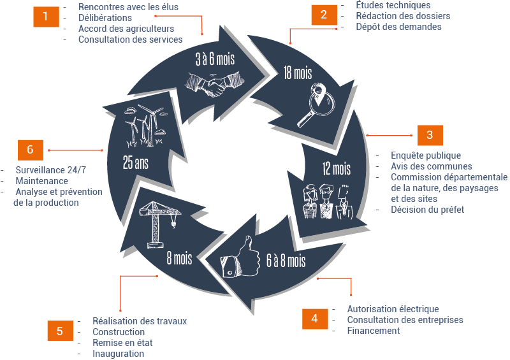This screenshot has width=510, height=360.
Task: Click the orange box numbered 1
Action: click(x=45, y=16)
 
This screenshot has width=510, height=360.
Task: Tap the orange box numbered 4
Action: click(x=314, y=319)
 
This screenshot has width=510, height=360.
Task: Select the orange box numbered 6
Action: click(x=30, y=149)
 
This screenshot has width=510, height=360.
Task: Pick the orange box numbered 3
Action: click(x=430, y=134)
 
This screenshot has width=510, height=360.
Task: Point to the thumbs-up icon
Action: click(x=240, y=260)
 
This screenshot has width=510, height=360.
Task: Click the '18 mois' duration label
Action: click(x=298, y=73)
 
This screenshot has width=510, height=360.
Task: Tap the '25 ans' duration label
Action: click(x=136, y=162)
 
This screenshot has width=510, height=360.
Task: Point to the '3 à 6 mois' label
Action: click(x=215, y=60)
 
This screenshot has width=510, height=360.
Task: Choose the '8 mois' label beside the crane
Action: click(x=179, y=258)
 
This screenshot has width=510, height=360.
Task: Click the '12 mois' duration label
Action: click(x=336, y=169)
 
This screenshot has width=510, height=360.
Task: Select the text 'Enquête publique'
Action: click(x=425, y=155)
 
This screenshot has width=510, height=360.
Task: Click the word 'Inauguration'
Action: click(x=118, y=354)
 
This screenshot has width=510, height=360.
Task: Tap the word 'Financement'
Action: click(x=374, y=331)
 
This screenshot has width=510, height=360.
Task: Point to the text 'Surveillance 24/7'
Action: click(x=50, y=169)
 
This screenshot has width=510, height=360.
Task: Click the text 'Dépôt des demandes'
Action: click(x=398, y=27)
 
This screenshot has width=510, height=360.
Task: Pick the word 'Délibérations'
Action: click(x=105, y=18)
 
